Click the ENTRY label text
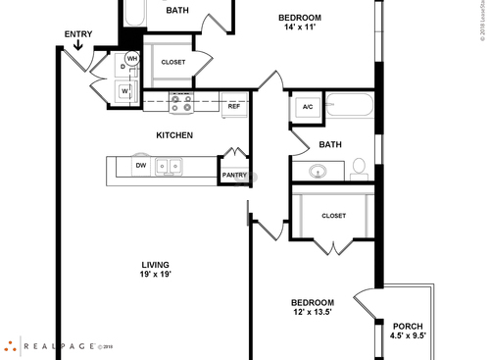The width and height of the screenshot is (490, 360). pos(78,34)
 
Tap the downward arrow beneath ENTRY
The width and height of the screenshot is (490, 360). pos(78,45)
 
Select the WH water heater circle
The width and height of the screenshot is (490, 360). pos(132,59)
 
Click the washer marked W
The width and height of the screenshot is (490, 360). pos(125,91)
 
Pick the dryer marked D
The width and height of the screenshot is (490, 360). pos(123,68)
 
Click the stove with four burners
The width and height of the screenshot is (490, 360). pos(181,101)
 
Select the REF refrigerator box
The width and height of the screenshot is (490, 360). pos(234,107)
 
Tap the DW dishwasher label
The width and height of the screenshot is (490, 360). pos(141,166)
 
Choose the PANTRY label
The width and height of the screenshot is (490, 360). pos(234,175)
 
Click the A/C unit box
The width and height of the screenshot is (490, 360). pos(307,107)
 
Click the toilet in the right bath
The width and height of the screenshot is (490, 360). pos(359,168)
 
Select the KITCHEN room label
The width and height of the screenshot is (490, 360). pos(174,134)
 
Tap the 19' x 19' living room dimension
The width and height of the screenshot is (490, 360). pos(155,276)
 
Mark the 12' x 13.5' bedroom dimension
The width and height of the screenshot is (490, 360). pos(312,313)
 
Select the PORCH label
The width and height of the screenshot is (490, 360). pos(407,326)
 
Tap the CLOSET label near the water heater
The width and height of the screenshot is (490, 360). pos(173,62)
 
